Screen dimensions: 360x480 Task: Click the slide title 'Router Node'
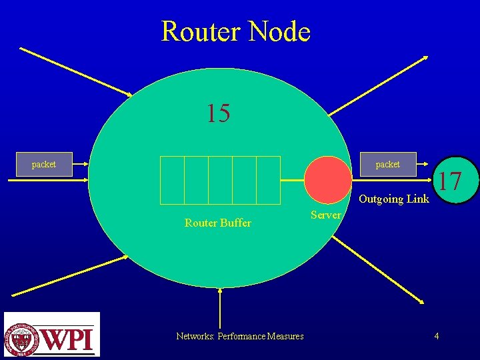235,31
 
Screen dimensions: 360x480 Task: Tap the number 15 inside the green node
218,114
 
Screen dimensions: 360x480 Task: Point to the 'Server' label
325,215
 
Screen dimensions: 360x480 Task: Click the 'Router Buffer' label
217,223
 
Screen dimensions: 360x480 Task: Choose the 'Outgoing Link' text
394,199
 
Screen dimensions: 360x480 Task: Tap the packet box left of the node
44,164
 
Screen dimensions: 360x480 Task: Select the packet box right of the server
387,164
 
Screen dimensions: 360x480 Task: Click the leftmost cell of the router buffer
173,180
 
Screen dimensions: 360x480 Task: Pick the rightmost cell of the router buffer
268,180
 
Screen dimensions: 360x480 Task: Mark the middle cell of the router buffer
220,180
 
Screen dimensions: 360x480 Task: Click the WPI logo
51,335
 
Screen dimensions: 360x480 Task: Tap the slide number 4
436,336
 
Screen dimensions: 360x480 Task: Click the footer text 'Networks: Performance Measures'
239,336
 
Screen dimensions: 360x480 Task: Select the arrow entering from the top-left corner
77,71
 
